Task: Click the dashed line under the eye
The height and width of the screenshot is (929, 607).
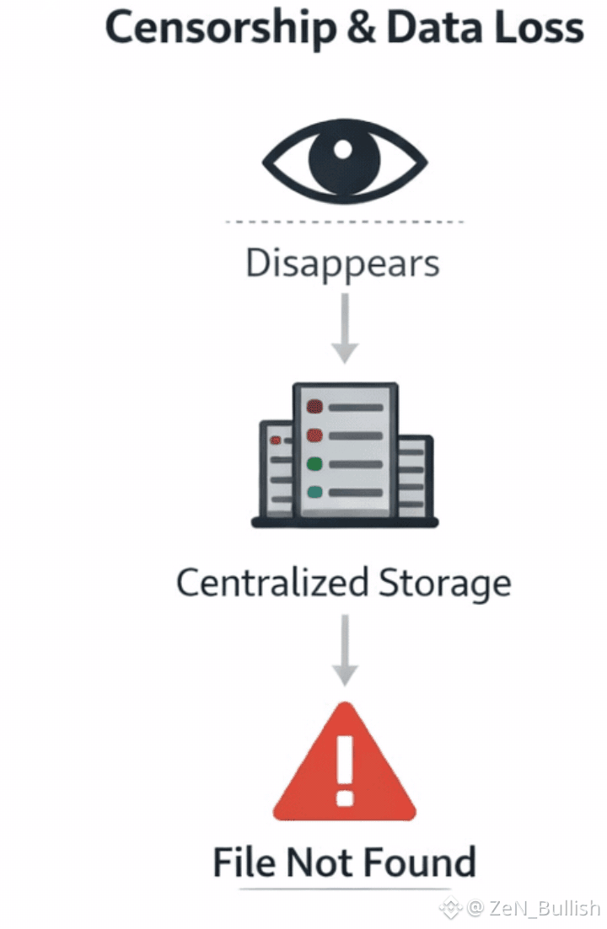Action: (x=344, y=222)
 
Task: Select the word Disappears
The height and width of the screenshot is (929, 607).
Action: (x=343, y=263)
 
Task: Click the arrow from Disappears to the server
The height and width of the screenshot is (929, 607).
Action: (x=344, y=328)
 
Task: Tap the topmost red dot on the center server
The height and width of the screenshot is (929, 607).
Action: (x=314, y=408)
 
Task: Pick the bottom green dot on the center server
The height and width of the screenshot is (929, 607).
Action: (x=314, y=492)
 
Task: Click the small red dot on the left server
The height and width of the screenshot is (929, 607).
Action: (x=275, y=440)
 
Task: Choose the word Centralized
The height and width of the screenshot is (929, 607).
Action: (x=272, y=583)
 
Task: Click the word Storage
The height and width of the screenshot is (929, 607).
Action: (x=444, y=584)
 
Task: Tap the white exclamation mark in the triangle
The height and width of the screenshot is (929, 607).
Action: (x=344, y=767)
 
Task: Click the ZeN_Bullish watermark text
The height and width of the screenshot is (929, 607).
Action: (x=543, y=908)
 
